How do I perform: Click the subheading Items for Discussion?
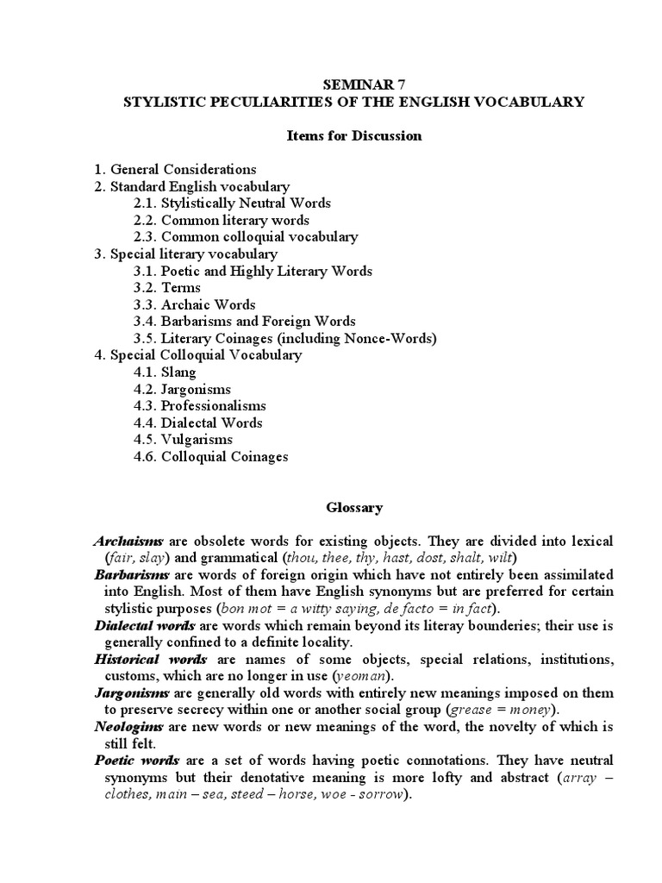point(353,135)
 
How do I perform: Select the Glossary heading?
point(354,508)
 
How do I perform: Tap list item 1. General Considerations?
point(175,169)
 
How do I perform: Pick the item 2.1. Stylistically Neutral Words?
point(232,203)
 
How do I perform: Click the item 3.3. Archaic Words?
point(195,304)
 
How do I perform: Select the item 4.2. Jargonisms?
point(183,389)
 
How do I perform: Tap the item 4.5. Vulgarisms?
point(183,440)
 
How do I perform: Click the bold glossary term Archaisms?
point(128,541)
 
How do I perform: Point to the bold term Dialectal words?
point(144,624)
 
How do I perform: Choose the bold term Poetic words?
point(136,761)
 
